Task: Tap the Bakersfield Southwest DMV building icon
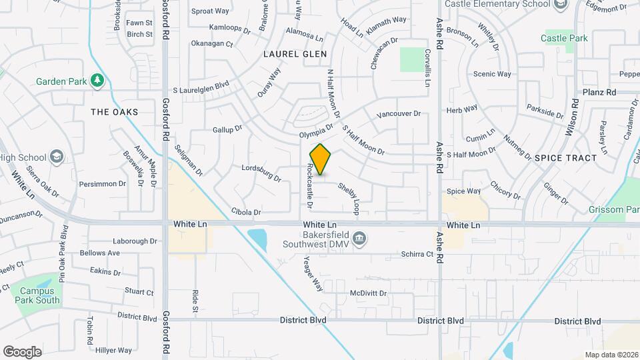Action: click(x=359, y=239)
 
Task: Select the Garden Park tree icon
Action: click(x=98, y=81)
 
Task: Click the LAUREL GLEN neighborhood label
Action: click(x=295, y=54)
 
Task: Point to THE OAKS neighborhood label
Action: click(x=115, y=112)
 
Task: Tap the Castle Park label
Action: click(x=564, y=39)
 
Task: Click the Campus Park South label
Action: click(x=39, y=295)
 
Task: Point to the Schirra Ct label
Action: click(x=417, y=254)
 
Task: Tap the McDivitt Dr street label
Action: click(x=368, y=293)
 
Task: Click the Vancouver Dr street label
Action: click(x=399, y=114)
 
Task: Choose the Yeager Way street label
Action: click(x=313, y=274)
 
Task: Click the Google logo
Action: click(x=22, y=351)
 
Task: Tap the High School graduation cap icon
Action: click(x=57, y=157)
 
